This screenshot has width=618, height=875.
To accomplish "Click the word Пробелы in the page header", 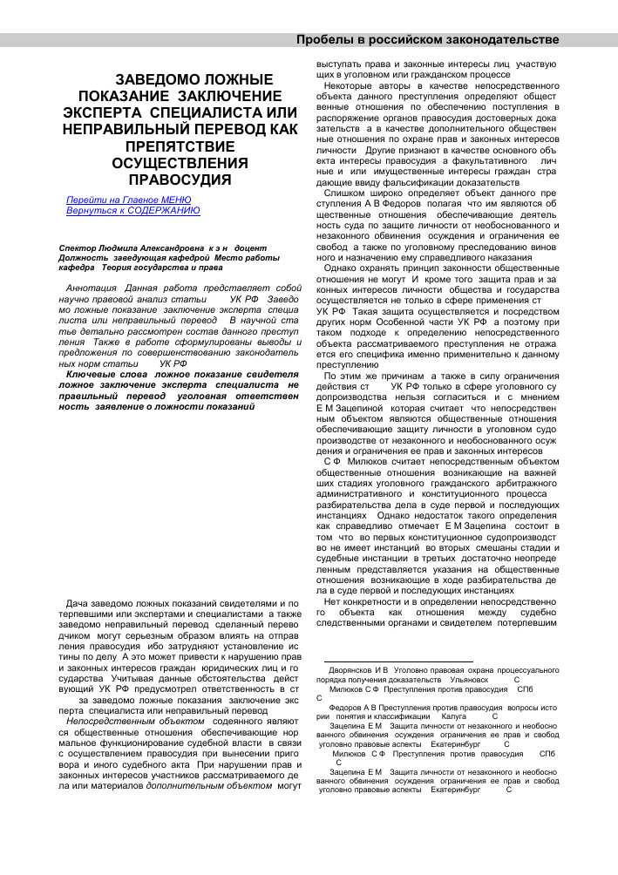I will pyautogui.click(x=325, y=40).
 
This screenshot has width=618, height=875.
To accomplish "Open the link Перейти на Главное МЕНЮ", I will pyautogui.click(x=128, y=200).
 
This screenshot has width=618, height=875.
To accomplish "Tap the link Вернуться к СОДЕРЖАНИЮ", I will pyautogui.click(x=132, y=210).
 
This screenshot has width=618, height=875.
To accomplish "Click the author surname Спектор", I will pyautogui.click(x=79, y=248).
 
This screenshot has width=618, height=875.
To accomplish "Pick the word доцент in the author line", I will pyautogui.click(x=257, y=248).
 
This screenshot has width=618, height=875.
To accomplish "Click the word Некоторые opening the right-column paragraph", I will pyautogui.click(x=351, y=86).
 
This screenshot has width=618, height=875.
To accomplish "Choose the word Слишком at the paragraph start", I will pyautogui.click(x=346, y=192).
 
